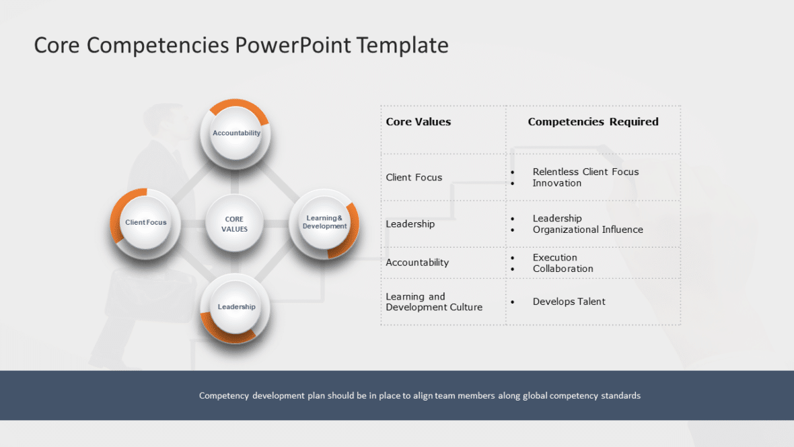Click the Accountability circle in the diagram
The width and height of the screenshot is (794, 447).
(236, 133)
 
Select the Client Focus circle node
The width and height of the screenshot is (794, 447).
(146, 223)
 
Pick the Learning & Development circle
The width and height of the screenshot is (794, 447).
(324, 223)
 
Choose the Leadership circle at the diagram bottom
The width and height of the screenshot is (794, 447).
(236, 307)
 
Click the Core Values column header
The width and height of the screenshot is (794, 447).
(418, 122)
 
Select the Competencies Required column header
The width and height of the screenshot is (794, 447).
(593, 122)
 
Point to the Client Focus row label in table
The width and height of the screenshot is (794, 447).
(414, 178)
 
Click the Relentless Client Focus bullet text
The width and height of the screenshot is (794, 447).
(585, 172)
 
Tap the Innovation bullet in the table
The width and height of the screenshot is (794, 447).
(556, 183)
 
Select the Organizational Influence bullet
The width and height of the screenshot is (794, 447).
(587, 230)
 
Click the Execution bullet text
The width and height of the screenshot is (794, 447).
(554, 257)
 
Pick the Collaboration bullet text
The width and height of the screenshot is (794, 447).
(563, 269)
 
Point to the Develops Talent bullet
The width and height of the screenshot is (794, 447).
(569, 302)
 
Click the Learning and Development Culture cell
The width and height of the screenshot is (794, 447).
(433, 302)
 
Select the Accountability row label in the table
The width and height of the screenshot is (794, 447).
(417, 263)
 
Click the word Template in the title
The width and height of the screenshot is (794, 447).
(402, 45)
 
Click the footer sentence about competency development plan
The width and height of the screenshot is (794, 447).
(419, 396)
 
